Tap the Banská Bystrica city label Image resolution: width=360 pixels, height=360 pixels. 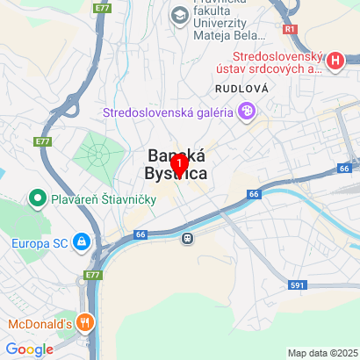tap(179, 164)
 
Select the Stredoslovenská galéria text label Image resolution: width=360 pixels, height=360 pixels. tap(167, 112)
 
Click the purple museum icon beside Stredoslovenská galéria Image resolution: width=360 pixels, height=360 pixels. tap(247, 112)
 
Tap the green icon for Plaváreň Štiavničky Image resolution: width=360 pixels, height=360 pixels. tap(38, 198)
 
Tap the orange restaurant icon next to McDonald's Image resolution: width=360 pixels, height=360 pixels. tap(85, 322)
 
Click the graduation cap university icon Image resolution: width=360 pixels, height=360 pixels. tap(180, 15)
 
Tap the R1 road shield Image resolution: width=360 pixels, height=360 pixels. tap(291, 28)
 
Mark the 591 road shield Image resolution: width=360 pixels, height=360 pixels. tap(296, 286)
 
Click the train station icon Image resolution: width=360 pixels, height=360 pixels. tap(187, 237)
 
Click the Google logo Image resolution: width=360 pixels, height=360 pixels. tap(30, 349)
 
